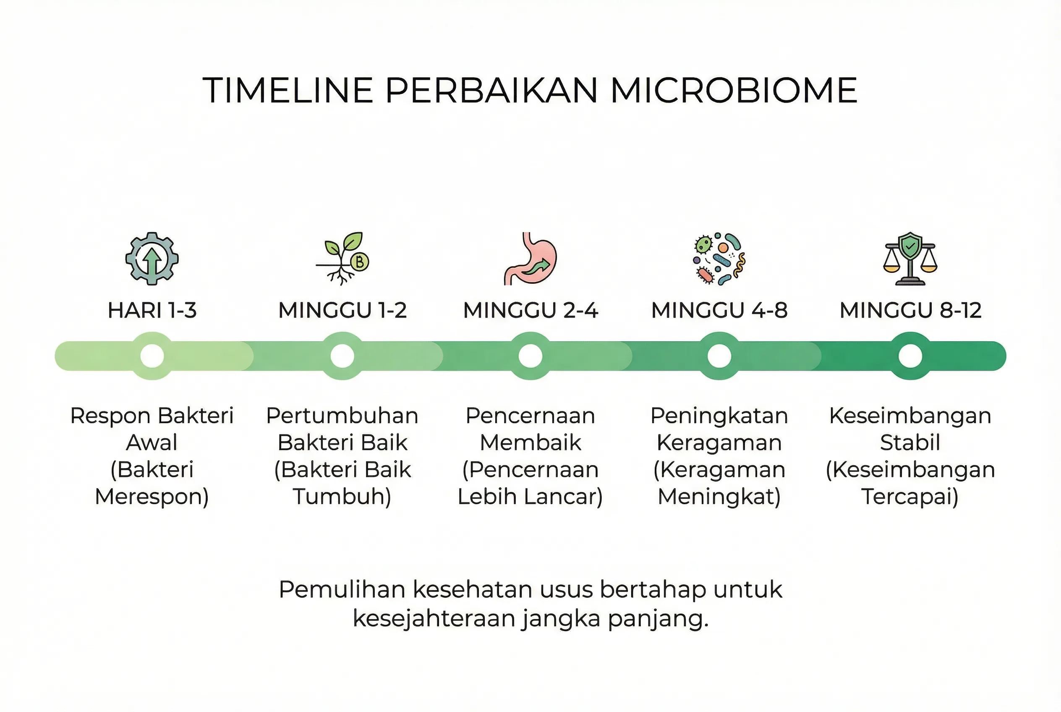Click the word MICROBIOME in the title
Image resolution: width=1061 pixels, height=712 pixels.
pyautogui.click(x=733, y=90)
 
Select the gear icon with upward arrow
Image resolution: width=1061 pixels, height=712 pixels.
pyautogui.click(x=152, y=259)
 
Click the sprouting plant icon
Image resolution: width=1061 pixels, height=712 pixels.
pyautogui.click(x=343, y=259)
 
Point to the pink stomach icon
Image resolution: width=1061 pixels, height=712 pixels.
pyautogui.click(x=530, y=259)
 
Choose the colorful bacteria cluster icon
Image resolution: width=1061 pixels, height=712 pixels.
pyautogui.click(x=719, y=259)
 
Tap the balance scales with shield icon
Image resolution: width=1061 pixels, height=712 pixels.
pyautogui.click(x=910, y=259)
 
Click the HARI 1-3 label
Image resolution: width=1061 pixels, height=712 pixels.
pyautogui.click(x=152, y=311)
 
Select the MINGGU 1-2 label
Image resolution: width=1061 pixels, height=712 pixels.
pyautogui.click(x=342, y=311)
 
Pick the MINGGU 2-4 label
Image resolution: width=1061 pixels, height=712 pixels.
pyautogui.click(x=530, y=311)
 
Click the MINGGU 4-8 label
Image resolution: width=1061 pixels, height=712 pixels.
pyautogui.click(x=719, y=311)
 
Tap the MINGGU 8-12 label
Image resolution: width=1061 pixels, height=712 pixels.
pyautogui.click(x=910, y=311)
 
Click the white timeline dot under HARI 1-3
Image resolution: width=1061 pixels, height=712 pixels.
pyautogui.click(x=152, y=356)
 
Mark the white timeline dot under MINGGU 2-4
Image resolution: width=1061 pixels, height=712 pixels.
pyautogui.click(x=530, y=356)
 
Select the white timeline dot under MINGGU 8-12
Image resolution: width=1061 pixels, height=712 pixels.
pyautogui.click(x=910, y=356)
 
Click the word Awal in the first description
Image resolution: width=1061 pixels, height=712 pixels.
pyautogui.click(x=152, y=443)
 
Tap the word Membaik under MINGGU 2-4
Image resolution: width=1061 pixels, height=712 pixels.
pyautogui.click(x=530, y=443)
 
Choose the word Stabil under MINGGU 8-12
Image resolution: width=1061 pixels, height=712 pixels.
pyautogui.click(x=910, y=443)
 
